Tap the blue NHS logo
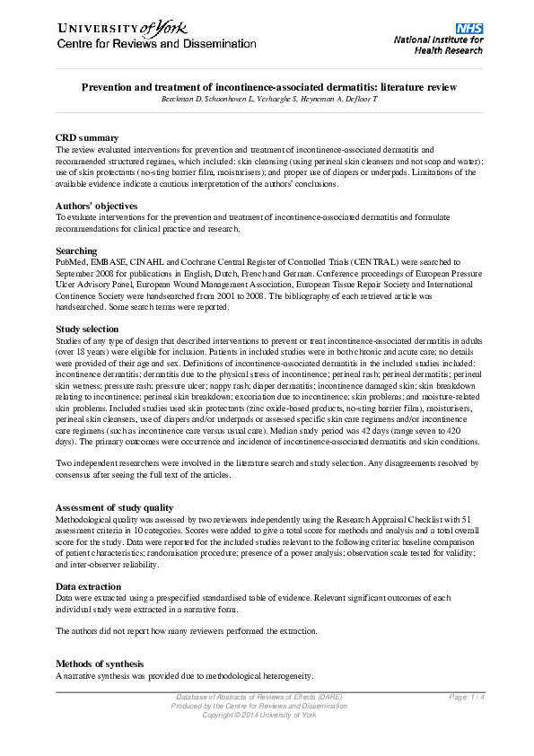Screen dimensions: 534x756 469,30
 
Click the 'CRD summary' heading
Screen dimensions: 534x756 87,137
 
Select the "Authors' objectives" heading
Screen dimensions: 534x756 99,206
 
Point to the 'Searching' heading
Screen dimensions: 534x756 76,251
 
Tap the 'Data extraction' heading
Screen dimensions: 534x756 91,585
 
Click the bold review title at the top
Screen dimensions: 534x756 269,87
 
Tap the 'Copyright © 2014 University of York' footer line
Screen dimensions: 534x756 258,715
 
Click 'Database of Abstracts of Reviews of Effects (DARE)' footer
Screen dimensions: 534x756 258,698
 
